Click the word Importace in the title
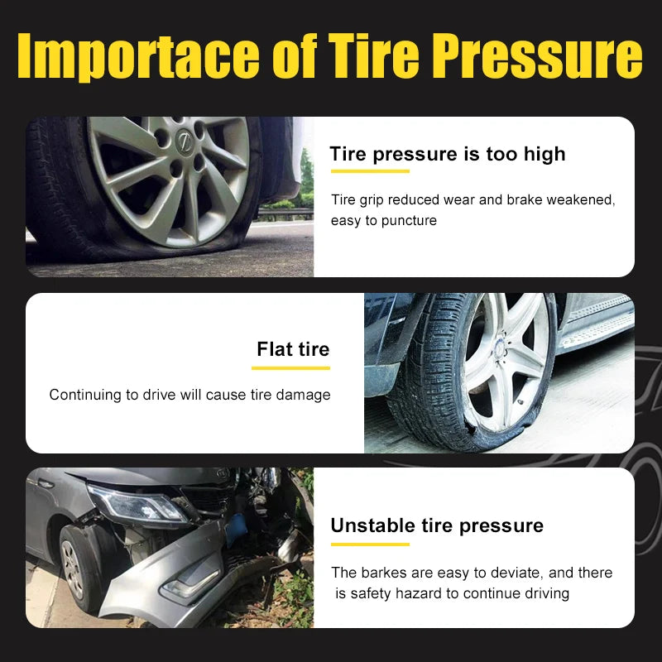(138, 55)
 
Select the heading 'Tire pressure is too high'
(447, 154)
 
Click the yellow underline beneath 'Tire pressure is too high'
(370, 171)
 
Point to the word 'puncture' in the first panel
(409, 221)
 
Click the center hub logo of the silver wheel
(184, 141)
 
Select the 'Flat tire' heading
(293, 349)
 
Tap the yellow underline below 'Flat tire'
(290, 368)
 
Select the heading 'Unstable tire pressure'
(437, 526)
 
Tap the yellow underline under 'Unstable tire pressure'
(370, 544)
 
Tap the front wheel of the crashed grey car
(77, 568)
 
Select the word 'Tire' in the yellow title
(373, 55)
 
